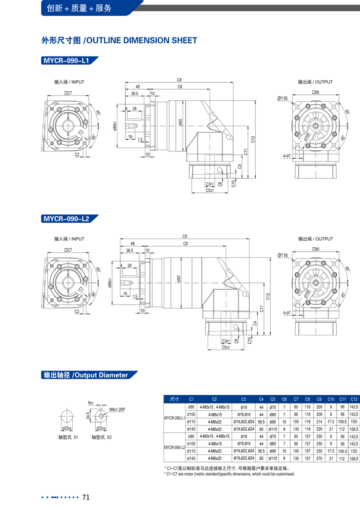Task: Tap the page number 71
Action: click(x=86, y=497)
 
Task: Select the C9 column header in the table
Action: click(x=319, y=399)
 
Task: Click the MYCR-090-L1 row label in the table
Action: click(x=174, y=418)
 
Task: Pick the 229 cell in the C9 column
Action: click(x=319, y=429)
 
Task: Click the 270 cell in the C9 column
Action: click(x=319, y=458)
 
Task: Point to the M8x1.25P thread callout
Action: click(x=117, y=410)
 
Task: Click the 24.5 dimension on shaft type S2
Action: click(x=88, y=416)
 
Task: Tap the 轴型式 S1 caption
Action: click(x=68, y=437)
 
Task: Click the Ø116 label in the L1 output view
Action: click(x=282, y=98)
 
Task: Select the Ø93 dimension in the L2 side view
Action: click(x=179, y=279)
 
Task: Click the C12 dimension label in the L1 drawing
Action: click(x=253, y=139)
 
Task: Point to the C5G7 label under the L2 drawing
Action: click(x=226, y=347)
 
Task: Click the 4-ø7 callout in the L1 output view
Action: click(x=287, y=156)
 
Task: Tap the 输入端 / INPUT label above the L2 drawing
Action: click(x=69, y=239)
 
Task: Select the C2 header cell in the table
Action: click(x=214, y=399)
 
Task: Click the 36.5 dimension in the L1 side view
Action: click(x=135, y=94)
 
